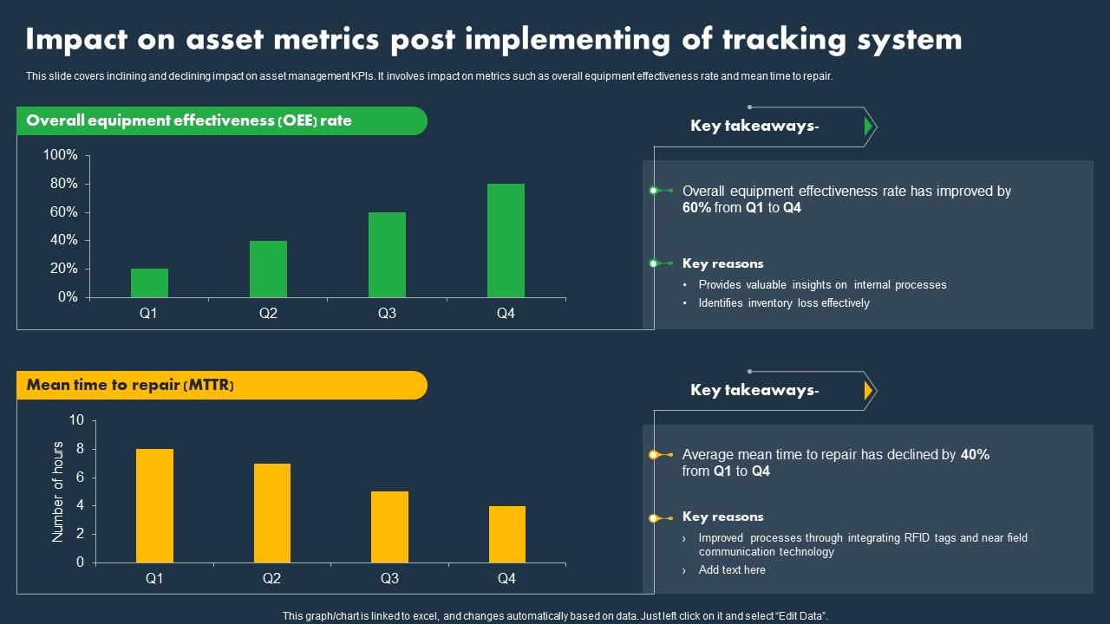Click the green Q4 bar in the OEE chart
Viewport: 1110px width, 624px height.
(x=506, y=240)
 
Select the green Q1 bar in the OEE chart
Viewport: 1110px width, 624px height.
(x=149, y=283)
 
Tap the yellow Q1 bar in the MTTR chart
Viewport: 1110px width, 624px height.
(x=154, y=505)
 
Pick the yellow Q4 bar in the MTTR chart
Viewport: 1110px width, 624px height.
(x=506, y=534)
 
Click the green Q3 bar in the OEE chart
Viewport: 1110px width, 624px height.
(x=387, y=255)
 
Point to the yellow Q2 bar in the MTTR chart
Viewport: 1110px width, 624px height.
(x=271, y=513)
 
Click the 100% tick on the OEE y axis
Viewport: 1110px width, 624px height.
(x=61, y=155)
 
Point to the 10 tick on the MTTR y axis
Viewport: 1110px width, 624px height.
(x=76, y=420)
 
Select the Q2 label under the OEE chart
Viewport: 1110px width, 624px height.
(x=268, y=314)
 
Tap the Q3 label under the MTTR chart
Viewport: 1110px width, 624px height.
(x=389, y=579)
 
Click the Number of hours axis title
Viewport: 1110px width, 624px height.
(x=59, y=491)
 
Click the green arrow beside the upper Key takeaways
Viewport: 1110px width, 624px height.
(x=868, y=127)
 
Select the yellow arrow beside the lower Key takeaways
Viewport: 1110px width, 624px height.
(x=868, y=391)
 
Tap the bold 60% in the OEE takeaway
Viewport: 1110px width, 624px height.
(x=696, y=208)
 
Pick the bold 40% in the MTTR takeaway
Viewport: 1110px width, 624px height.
(x=975, y=454)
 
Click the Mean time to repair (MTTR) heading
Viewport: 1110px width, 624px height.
(x=130, y=386)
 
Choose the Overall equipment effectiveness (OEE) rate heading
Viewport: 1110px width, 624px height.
(x=189, y=121)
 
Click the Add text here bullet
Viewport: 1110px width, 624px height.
(x=732, y=570)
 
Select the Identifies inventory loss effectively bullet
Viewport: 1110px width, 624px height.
(x=784, y=303)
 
